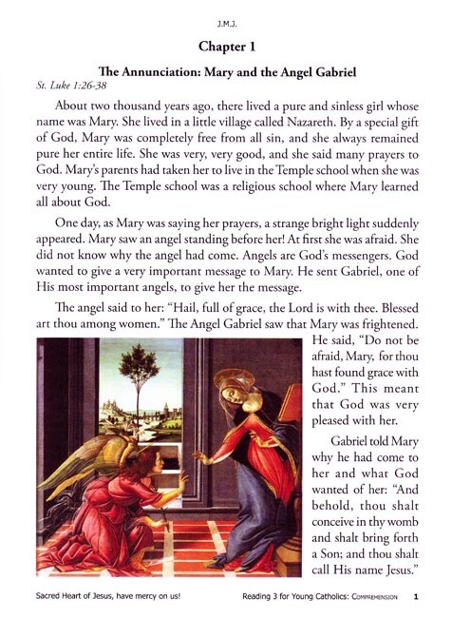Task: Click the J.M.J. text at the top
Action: pos(226,16)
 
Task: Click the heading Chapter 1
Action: pos(226,46)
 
